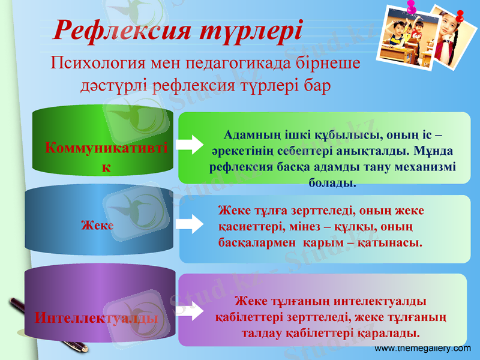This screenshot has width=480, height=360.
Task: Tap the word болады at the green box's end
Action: click(332, 182)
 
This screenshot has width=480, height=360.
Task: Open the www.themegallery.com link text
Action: click(422, 348)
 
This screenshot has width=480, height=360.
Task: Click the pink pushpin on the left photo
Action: click(412, 8)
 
